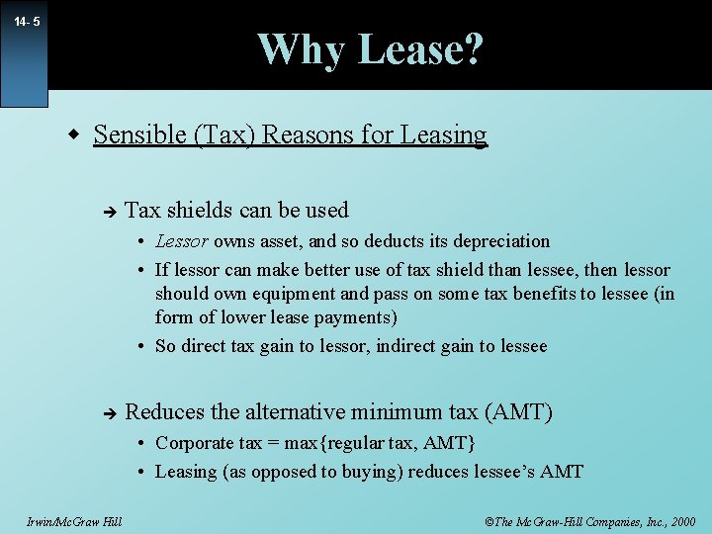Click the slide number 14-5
coord(27,21)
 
